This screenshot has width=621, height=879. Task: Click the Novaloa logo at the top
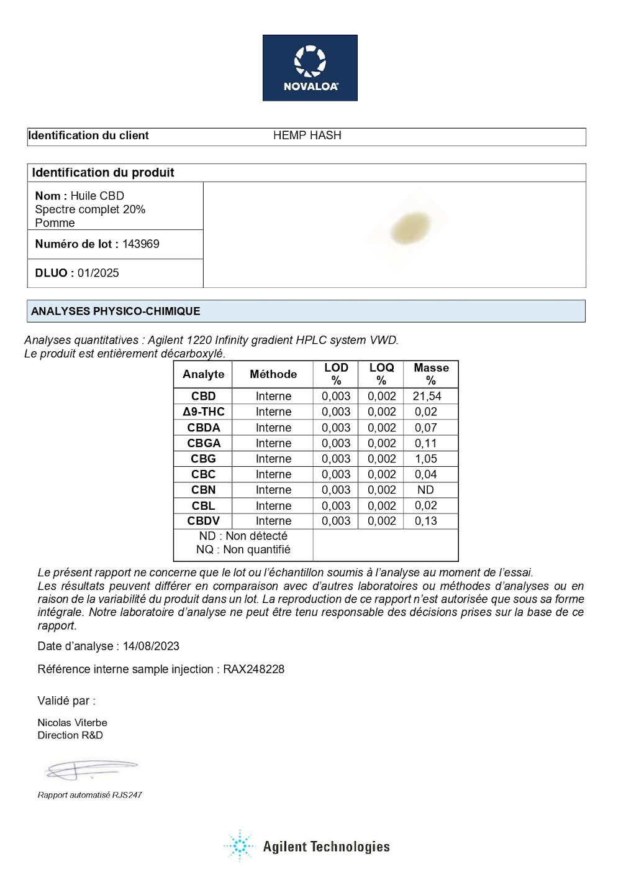tap(310, 68)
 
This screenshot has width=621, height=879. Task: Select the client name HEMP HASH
tap(307, 136)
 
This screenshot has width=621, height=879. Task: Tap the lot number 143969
tap(141, 244)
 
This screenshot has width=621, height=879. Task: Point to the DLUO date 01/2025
tap(98, 273)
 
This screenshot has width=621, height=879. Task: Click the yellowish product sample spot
tap(410, 228)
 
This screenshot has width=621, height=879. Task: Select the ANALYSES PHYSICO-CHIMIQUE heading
tap(116, 311)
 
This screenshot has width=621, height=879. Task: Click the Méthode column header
tap(273, 374)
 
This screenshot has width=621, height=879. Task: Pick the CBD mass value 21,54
tap(427, 396)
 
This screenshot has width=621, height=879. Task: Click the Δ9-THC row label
tap(203, 412)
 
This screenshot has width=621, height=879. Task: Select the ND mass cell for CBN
tap(425, 490)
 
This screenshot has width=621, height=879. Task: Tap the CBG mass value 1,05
tap(426, 459)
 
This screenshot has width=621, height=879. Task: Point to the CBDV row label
tap(203, 521)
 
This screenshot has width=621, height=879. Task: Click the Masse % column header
tap(431, 374)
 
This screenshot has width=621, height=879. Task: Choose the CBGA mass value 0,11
tap(426, 443)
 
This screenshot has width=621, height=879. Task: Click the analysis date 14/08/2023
tap(151, 647)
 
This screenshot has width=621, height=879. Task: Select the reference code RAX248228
tap(253, 670)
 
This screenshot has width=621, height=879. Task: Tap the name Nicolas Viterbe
tap(72, 723)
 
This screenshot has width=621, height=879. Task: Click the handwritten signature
tap(90, 770)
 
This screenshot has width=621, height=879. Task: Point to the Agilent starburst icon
tap(240, 846)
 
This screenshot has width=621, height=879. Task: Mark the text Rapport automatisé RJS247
tap(89, 795)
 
